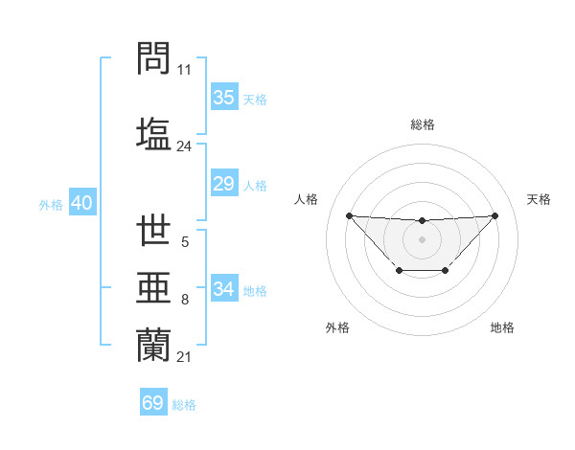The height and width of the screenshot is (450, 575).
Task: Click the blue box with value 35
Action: coord(224,98)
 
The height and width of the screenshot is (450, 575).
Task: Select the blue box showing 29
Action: coord(224,184)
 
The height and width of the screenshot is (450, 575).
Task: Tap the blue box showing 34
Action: coord(224,288)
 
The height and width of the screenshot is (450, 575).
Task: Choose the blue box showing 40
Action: coord(81,203)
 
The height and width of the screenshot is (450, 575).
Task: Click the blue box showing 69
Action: coord(153,403)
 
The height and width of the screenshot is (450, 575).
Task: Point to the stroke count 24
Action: coord(184,146)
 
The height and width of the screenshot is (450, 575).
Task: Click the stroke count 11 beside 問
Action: coord(184,71)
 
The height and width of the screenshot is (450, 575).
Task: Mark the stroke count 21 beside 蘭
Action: coord(184,357)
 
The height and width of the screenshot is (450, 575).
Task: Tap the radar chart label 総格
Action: coord(422,124)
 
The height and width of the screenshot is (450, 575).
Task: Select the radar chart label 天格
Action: coord(540,199)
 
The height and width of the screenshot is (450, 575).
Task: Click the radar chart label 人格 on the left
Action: coord(306,199)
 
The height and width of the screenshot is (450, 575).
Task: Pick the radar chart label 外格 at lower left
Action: coord(337,327)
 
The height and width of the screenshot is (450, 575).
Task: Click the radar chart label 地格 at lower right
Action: coord(502,327)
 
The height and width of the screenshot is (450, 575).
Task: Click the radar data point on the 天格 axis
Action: coord(494,215)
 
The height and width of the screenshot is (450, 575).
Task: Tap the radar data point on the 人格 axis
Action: coord(349,215)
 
